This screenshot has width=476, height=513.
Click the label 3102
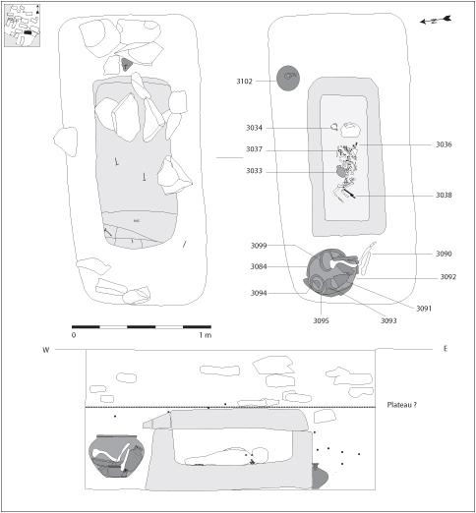(245, 82)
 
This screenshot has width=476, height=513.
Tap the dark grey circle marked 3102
(288, 78)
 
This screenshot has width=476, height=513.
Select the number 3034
(255, 128)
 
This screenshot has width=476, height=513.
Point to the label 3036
(444, 144)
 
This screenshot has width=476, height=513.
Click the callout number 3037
(255, 149)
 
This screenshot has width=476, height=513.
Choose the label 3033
(255, 171)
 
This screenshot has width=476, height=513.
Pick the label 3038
(444, 196)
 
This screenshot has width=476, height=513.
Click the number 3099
(259, 246)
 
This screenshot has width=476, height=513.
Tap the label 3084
(259, 266)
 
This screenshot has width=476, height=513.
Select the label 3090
(444, 254)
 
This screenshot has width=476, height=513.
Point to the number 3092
(448, 277)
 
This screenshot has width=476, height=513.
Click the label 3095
(321, 320)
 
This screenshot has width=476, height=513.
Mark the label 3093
(388, 320)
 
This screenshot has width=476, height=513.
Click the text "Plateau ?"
(402, 405)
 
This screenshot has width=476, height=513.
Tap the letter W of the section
(46, 350)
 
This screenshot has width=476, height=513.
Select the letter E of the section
(446, 349)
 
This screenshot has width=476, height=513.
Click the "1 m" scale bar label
(206, 335)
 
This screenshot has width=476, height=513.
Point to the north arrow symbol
(436, 21)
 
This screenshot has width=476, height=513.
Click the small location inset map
(23, 26)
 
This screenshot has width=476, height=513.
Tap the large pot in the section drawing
(116, 456)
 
